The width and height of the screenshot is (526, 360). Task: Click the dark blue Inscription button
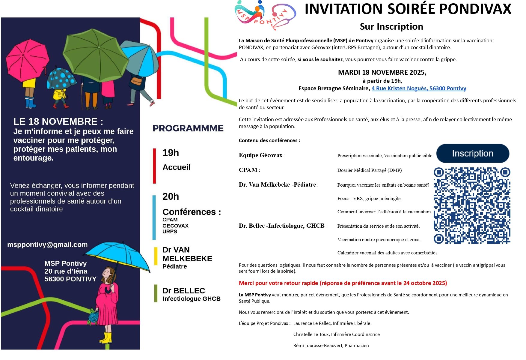pyautogui.click(x=472, y=153)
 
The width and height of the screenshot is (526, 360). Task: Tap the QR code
pyautogui.click(x=472, y=205)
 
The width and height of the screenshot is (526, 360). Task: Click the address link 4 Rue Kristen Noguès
pyautogui.click(x=419, y=88)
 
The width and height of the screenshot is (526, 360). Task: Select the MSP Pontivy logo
pyautogui.click(x=265, y=15)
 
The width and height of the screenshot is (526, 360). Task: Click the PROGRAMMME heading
pyautogui.click(x=188, y=128)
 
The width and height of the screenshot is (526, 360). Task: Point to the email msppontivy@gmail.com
pyautogui.click(x=47, y=245)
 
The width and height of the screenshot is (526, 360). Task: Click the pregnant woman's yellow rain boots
pyautogui.click(x=106, y=338)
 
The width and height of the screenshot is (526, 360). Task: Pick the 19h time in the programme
pyautogui.click(x=171, y=153)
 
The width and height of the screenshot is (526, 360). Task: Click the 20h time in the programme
pyautogui.click(x=171, y=197)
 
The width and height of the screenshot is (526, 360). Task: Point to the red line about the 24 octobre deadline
pyautogui.click(x=343, y=283)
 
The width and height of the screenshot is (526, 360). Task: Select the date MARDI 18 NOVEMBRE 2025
pyautogui.click(x=382, y=73)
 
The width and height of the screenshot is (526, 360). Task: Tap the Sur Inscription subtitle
pyautogui.click(x=391, y=27)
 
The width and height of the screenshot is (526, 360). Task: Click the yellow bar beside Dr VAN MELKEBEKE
pyautogui.click(x=156, y=256)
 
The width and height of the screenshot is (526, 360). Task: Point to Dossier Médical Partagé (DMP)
pyautogui.click(x=369, y=170)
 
